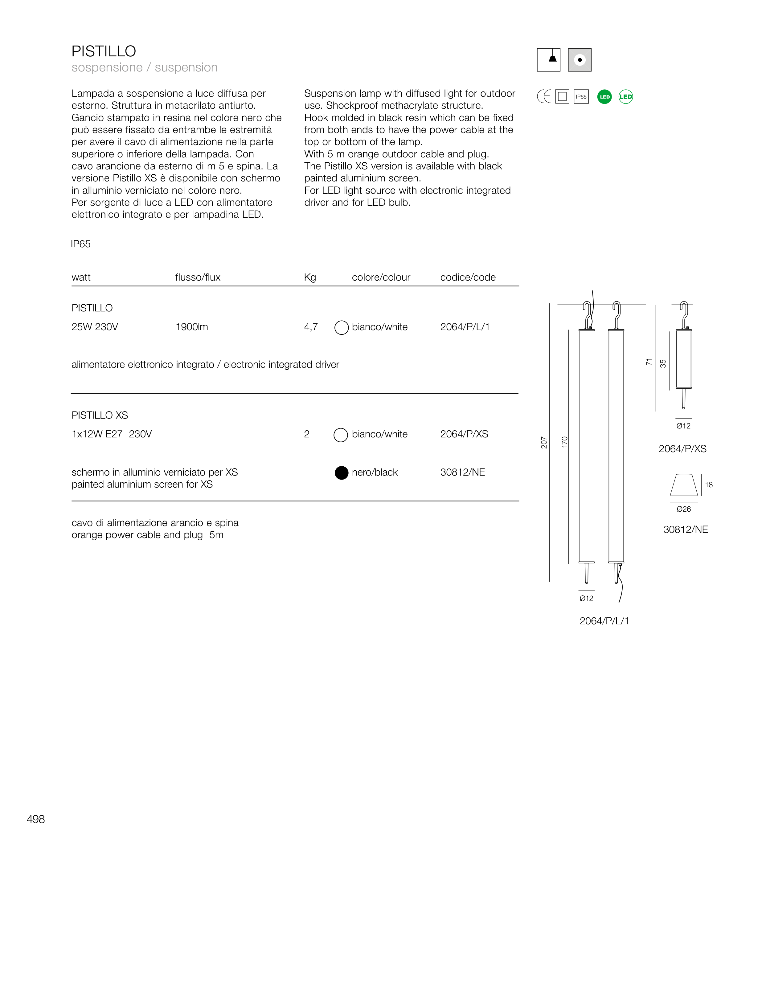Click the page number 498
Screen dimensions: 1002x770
coord(36,819)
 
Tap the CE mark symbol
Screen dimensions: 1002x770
coord(543,97)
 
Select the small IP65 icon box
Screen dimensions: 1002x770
coord(581,97)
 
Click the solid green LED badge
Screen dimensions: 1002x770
coord(604,97)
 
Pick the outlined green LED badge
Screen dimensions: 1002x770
coord(626,97)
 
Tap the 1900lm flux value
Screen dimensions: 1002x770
coord(192,327)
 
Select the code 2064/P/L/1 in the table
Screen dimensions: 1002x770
coord(465,327)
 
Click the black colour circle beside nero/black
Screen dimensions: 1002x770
coord(342,473)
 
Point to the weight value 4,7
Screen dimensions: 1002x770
coord(311,327)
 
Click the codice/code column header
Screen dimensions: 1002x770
coord(468,278)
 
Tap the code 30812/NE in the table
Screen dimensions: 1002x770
coord(462,472)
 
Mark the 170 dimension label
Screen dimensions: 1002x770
coord(565,442)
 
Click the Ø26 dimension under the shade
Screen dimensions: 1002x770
coord(683,509)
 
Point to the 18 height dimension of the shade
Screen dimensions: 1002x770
coord(709,485)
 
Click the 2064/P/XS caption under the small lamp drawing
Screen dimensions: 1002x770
coord(682,449)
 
